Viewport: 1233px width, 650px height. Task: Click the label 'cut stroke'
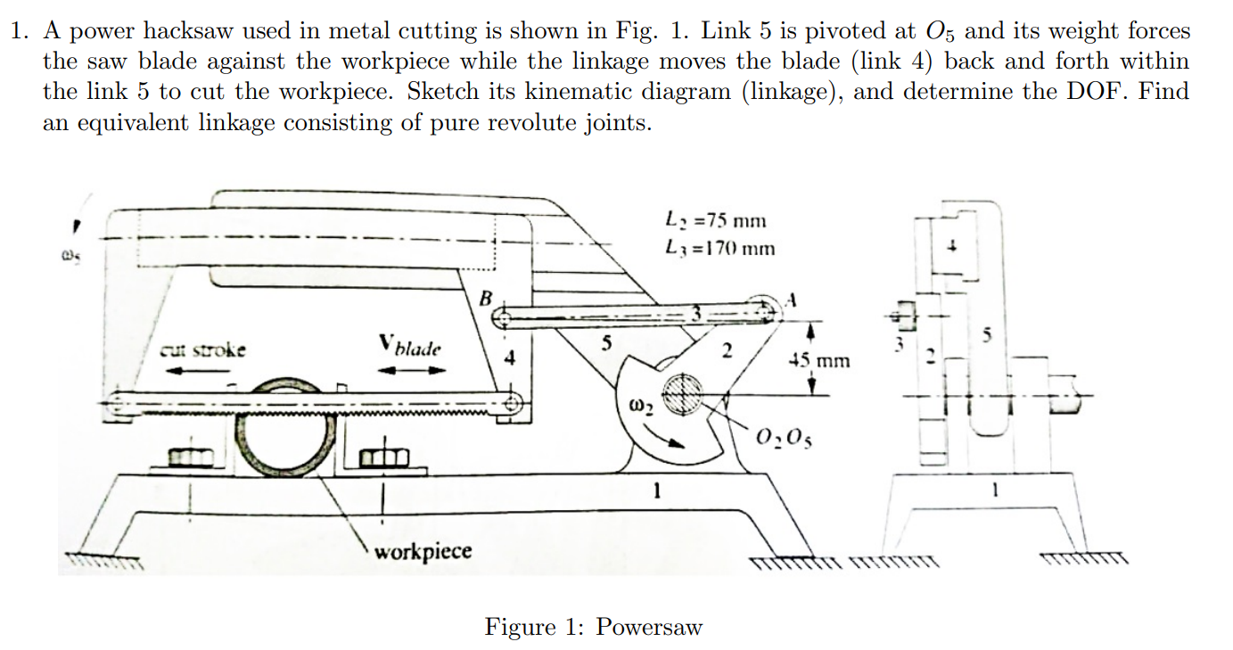coord(203,350)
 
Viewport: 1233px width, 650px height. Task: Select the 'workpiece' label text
coord(423,550)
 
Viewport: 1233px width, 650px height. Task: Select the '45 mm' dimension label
coord(819,361)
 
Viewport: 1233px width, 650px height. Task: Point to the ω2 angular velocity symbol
coord(642,409)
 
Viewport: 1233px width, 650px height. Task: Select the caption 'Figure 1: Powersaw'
coord(593,627)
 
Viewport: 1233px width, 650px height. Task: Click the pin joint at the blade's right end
coord(512,402)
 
